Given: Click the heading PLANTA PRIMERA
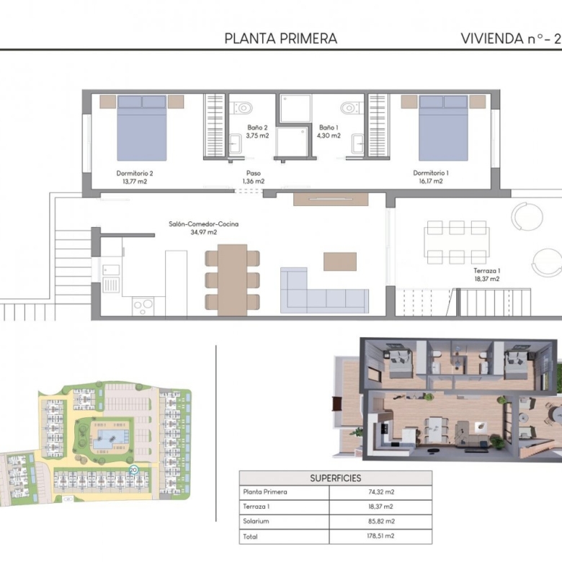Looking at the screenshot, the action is [x=281, y=39].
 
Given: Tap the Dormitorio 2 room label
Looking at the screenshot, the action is [x=135, y=177].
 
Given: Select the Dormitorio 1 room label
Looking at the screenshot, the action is [x=431, y=177].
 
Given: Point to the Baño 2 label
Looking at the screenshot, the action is [x=257, y=132].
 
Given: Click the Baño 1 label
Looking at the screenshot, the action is [x=329, y=132].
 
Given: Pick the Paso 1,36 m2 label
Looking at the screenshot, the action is [x=254, y=177].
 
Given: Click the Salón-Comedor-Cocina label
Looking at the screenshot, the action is [x=204, y=228].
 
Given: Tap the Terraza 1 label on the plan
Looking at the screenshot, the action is [x=487, y=275].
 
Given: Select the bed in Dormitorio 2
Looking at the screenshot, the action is [x=142, y=128].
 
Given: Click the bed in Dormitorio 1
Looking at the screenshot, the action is [x=443, y=128].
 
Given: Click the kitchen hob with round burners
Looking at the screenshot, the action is [x=143, y=306].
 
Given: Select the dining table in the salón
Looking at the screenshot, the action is [x=232, y=280].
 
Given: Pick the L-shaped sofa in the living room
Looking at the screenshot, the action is [x=324, y=290].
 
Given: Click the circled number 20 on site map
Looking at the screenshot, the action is [x=133, y=470].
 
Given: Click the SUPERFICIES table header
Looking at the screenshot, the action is [x=336, y=478].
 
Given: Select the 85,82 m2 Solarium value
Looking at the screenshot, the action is [x=381, y=521].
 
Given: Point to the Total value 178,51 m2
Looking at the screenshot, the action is [x=381, y=536].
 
